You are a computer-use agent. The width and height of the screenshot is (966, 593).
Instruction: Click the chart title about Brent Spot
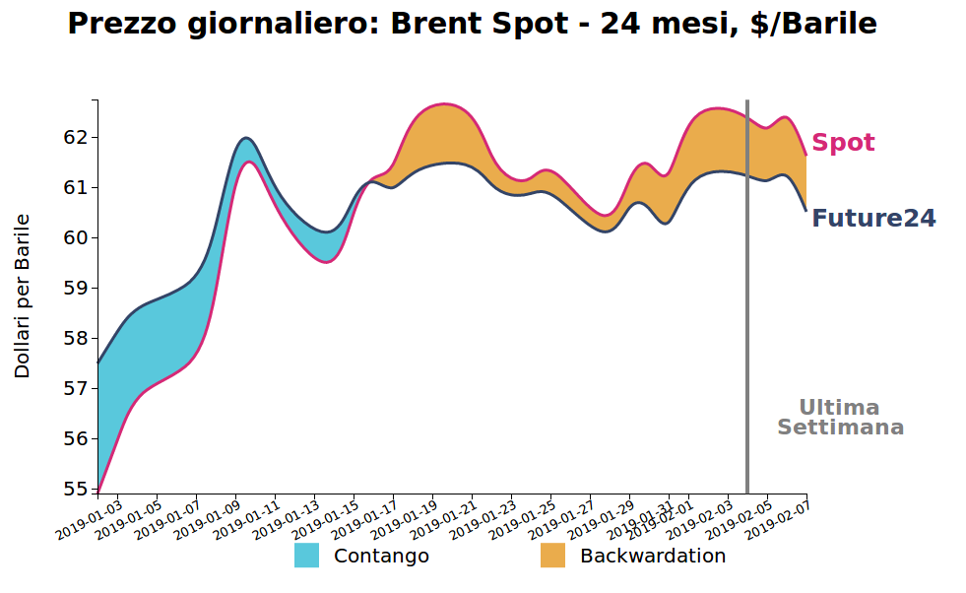(472, 25)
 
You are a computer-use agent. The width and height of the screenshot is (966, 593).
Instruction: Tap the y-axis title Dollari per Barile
(23, 296)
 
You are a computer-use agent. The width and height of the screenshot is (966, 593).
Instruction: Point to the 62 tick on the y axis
(75, 137)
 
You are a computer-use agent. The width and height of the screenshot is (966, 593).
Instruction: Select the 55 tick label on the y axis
(75, 490)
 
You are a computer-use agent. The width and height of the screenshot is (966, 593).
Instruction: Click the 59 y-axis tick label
(75, 288)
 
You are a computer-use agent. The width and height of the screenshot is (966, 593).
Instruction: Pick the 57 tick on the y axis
(75, 389)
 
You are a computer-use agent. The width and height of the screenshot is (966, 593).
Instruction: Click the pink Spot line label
(843, 143)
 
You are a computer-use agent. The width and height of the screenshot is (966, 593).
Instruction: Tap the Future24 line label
(873, 219)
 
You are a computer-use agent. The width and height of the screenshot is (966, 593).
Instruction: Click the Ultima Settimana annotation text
(840, 418)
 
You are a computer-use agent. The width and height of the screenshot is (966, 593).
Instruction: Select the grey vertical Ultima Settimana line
(747, 296)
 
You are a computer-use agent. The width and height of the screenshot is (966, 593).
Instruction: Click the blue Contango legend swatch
(306, 556)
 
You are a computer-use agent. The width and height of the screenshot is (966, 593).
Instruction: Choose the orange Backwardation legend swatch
(552, 556)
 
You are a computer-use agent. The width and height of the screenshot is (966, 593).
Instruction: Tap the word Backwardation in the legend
(652, 556)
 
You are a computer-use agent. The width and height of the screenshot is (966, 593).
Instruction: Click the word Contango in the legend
(381, 556)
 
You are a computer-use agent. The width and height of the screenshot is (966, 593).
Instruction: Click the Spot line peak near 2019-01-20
(444, 103)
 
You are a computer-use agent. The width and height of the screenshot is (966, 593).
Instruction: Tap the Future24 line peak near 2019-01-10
(245, 138)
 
